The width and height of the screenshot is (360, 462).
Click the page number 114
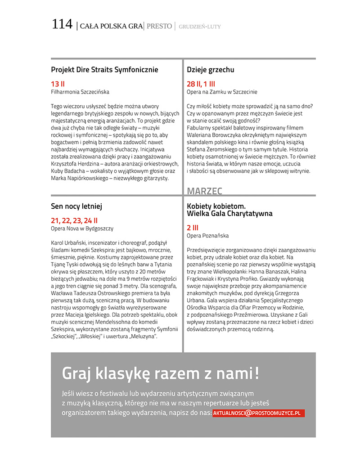tap(62, 24)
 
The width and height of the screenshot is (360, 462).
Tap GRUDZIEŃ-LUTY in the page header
tap(200, 27)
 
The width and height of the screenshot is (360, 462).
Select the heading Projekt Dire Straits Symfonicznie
tap(104, 70)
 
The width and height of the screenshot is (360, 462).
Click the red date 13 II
tap(58, 84)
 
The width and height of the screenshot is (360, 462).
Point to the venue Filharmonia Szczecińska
tap(80, 92)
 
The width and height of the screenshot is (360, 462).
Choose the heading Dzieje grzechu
tap(210, 70)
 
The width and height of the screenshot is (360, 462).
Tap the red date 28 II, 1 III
tap(201, 84)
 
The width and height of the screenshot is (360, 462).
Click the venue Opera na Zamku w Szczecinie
tap(222, 92)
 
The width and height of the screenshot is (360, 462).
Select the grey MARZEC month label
tap(204, 191)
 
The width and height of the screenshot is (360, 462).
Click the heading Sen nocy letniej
tap(76, 206)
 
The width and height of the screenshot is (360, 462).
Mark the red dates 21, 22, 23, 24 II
tap(74, 220)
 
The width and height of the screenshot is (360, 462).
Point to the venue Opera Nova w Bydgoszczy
tap(82, 229)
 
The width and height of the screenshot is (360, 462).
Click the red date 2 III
tap(193, 228)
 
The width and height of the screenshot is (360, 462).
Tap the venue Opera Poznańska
tap(207, 236)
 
